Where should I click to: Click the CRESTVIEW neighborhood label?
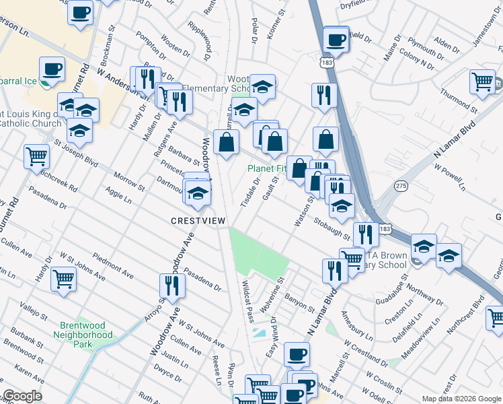pos(198,221)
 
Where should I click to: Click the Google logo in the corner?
pos(22,396)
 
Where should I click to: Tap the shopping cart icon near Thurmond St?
pos(482,81)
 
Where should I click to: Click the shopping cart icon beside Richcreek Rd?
pos(36,156)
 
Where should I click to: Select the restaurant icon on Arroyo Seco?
pos(171,286)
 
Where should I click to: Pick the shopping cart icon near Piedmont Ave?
pos(63,277)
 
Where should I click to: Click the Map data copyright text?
pos(461,399)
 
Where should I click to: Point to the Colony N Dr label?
pos(417,59)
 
